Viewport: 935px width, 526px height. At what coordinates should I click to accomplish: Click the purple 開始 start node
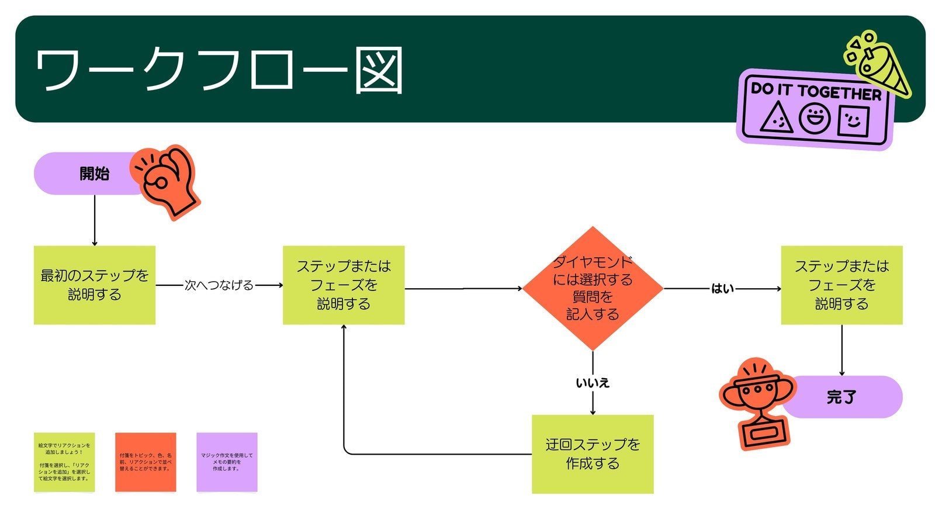point(88,174)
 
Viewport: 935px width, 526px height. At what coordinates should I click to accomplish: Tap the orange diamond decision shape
point(593,288)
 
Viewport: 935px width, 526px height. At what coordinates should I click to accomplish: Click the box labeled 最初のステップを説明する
point(95,285)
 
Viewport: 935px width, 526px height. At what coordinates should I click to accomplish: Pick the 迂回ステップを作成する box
point(593,454)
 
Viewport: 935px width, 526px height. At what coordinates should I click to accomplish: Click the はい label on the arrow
point(722,288)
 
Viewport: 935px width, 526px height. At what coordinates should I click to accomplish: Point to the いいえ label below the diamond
point(593,383)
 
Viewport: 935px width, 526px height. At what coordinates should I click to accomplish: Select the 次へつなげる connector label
point(219,285)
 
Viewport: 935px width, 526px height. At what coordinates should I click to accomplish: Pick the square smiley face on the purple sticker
point(853,120)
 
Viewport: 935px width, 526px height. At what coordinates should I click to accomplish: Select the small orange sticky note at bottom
point(146,462)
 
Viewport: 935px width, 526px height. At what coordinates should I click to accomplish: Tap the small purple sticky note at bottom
point(227,462)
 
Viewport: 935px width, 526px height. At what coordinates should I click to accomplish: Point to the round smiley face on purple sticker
point(815,119)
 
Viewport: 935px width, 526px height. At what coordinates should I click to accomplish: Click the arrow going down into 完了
point(841,351)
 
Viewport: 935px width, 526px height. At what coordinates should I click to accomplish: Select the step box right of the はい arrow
point(841,285)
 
